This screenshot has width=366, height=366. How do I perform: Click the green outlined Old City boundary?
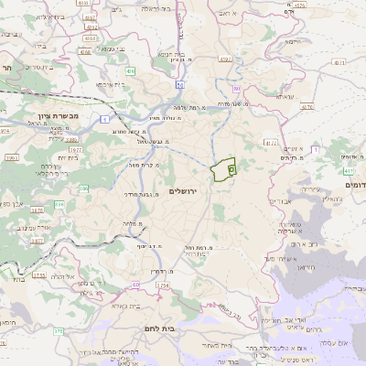coord(223,170)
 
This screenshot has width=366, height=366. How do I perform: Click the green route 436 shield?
coord(131,70)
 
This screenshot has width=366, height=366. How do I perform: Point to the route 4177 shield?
coord(270,142)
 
